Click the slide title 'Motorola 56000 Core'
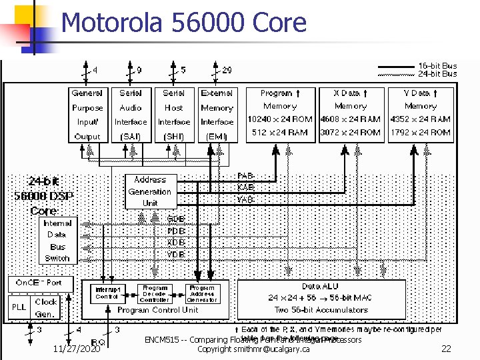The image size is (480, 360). [183, 23]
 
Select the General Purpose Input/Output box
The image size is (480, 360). [87, 115]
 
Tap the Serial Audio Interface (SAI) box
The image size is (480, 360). [131, 115]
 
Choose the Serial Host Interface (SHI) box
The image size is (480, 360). [173, 115]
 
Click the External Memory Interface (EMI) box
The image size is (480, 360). [217, 115]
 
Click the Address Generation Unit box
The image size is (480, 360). [150, 191]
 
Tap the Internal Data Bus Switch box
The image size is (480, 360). [57, 241]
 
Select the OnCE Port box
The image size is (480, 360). [39, 283]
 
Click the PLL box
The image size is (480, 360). [19, 307]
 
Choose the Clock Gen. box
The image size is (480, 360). [46, 307]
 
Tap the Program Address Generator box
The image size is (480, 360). [202, 294]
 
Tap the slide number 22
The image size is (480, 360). [447, 349]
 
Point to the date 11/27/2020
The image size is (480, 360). [77, 349]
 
